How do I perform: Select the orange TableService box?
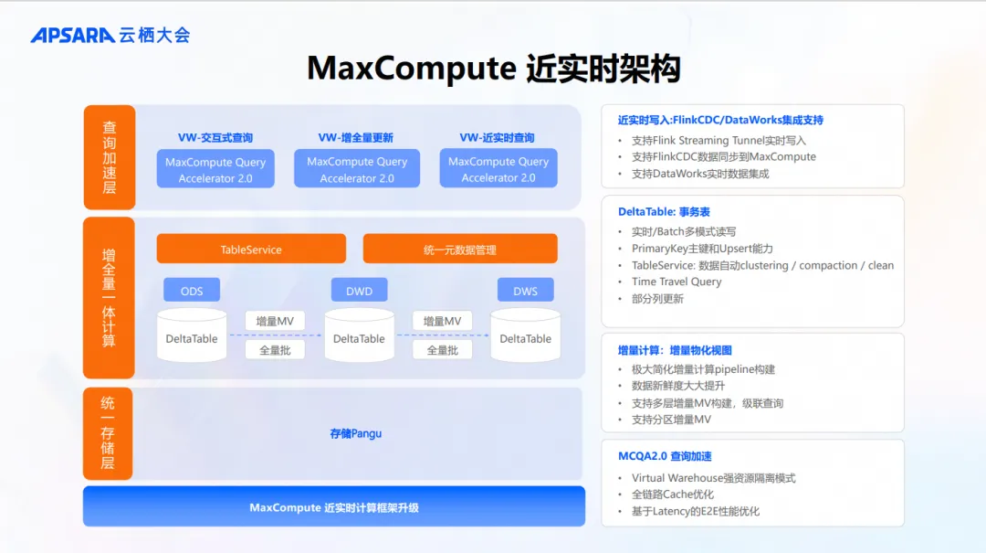[251, 249]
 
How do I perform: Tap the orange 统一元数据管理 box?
[460, 249]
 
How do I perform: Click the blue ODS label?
[192, 291]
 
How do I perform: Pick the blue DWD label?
[359, 291]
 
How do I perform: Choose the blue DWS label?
[525, 291]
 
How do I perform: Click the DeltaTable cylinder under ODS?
[192, 335]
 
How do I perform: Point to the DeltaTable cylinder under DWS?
[525, 335]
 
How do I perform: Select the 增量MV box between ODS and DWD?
[275, 321]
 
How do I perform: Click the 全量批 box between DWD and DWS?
[442, 349]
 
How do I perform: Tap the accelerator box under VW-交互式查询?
[215, 169]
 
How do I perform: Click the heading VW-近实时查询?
[498, 137]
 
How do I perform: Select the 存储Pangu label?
[356, 433]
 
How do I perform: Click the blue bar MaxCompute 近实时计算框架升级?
[334, 507]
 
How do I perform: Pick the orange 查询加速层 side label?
[109, 157]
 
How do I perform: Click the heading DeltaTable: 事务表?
[664, 211]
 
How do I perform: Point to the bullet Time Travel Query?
[677, 282]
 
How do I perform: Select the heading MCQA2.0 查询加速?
[665, 455]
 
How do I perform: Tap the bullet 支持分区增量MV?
[671, 420]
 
